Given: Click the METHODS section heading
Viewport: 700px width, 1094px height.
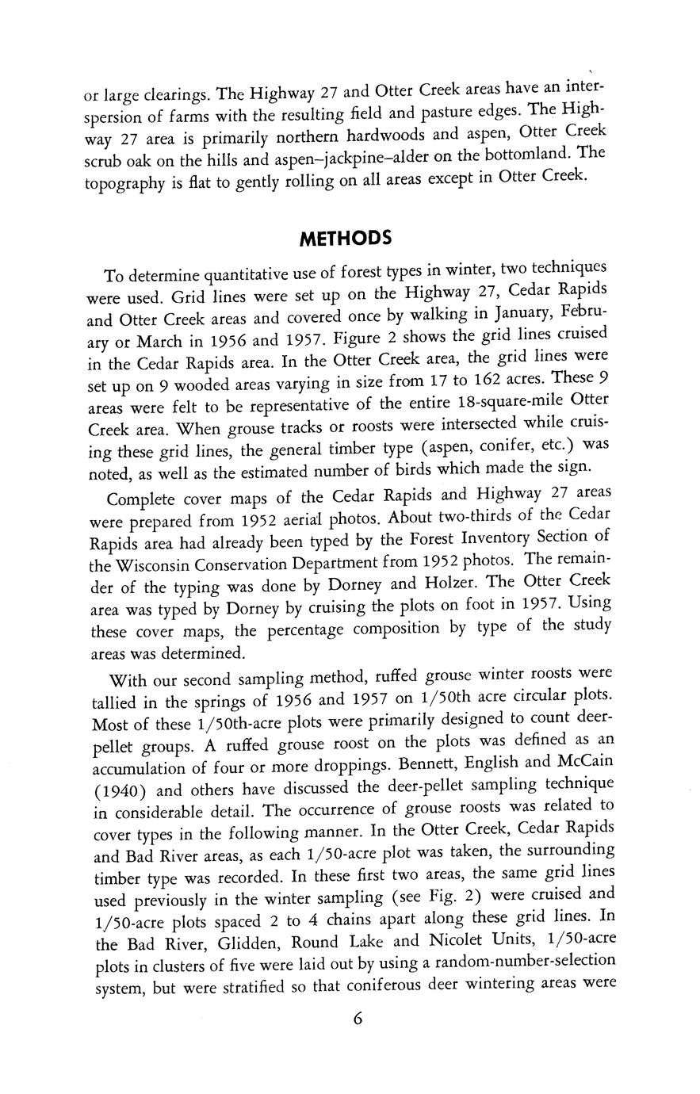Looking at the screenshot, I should click(346, 239).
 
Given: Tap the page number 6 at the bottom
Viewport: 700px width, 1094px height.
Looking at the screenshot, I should click(358, 1019).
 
